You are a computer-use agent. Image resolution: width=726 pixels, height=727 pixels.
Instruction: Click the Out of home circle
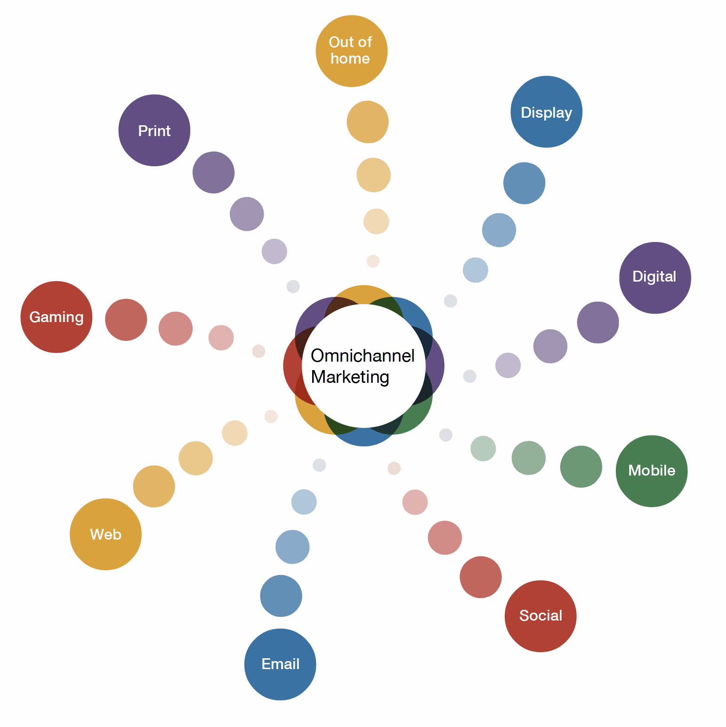pyautogui.click(x=352, y=51)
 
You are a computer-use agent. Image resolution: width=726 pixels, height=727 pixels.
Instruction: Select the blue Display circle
pyautogui.click(x=547, y=112)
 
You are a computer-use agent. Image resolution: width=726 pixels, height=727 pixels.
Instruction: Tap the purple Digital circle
pyautogui.click(x=655, y=278)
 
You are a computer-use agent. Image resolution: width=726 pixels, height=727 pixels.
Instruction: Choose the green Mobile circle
pyautogui.click(x=652, y=471)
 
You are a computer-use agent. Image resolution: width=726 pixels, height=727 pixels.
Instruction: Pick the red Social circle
pyautogui.click(x=540, y=616)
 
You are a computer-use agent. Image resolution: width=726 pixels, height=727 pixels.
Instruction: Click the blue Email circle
pyautogui.click(x=280, y=664)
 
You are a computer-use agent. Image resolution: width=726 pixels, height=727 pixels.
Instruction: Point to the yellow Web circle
pyautogui.click(x=105, y=534)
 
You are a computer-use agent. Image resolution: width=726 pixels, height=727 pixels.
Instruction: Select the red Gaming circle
pyautogui.click(x=56, y=317)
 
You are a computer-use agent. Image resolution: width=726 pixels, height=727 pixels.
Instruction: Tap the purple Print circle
pyautogui.click(x=154, y=130)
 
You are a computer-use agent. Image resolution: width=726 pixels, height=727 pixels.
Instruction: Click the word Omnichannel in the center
pyautogui.click(x=363, y=355)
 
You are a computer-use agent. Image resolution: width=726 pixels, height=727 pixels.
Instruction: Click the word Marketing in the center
pyautogui.click(x=350, y=377)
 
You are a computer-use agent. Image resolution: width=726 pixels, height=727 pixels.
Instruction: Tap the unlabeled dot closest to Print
pyautogui.click(x=214, y=172)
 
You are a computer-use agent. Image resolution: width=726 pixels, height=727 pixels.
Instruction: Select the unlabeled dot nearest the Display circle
pyautogui.click(x=524, y=183)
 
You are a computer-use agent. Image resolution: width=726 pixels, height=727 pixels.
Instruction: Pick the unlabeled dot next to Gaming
pyautogui.click(x=126, y=320)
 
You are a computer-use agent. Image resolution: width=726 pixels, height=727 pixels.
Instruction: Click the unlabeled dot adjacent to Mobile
pyautogui.click(x=581, y=467)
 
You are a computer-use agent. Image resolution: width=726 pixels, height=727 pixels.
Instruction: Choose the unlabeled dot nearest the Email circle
pyautogui.click(x=281, y=596)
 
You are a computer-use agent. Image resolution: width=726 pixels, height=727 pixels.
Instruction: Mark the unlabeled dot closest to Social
pyautogui.click(x=481, y=577)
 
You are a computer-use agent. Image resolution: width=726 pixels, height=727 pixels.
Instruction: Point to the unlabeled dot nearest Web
pyautogui.click(x=154, y=486)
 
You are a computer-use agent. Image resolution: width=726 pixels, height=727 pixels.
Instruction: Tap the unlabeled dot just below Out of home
pyautogui.click(x=368, y=122)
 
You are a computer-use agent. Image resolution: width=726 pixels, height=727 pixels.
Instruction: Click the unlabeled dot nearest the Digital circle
pyautogui.click(x=598, y=323)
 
